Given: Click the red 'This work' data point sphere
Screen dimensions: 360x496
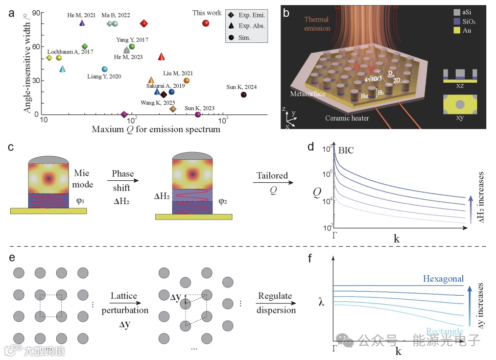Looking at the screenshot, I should click(205, 23).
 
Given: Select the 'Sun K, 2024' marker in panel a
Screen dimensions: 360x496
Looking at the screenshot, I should click(244, 94).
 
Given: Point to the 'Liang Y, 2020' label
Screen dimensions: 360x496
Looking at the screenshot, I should click(104, 77).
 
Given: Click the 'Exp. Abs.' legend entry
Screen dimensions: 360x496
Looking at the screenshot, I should click(248, 26).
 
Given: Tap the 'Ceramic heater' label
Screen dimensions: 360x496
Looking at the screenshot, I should click(347, 117).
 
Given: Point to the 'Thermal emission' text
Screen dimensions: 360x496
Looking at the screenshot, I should click(317, 24).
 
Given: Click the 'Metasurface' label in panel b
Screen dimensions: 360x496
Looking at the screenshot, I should click(308, 94).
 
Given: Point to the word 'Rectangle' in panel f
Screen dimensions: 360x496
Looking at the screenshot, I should click(442, 331).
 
